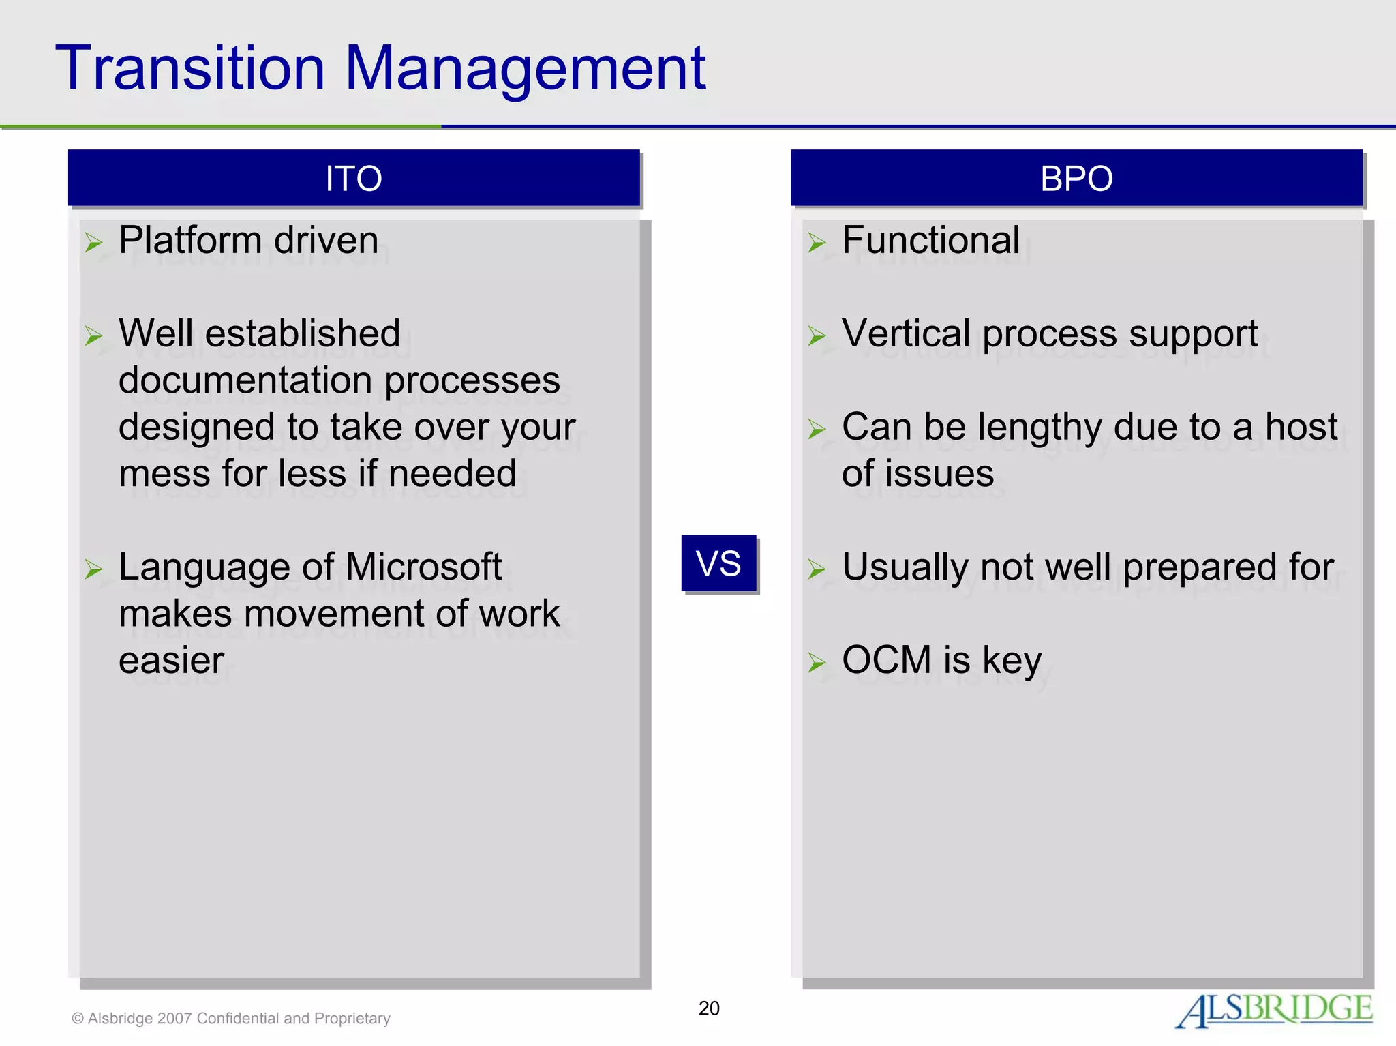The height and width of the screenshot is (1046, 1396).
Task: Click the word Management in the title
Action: [x=525, y=70]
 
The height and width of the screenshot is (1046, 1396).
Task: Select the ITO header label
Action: [x=353, y=179]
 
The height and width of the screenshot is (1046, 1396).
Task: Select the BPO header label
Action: [x=1076, y=179]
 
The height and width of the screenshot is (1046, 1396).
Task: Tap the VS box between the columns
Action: [x=718, y=563]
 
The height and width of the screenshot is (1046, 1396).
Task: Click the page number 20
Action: [x=709, y=1008]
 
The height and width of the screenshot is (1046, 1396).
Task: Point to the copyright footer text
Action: [x=231, y=1018]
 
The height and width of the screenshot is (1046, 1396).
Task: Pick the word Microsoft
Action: [x=423, y=567]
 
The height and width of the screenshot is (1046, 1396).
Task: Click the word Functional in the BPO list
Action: [x=930, y=241]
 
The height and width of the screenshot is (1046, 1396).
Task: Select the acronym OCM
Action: [x=886, y=660]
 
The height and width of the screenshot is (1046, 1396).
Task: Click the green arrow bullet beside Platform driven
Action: [x=93, y=243]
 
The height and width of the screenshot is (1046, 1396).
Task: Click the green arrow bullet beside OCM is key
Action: [x=817, y=662]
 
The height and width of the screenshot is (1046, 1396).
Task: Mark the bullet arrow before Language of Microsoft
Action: [x=93, y=569]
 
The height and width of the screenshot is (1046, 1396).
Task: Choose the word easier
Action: [x=171, y=660]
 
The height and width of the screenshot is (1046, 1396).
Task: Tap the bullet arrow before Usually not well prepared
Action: [x=817, y=569]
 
